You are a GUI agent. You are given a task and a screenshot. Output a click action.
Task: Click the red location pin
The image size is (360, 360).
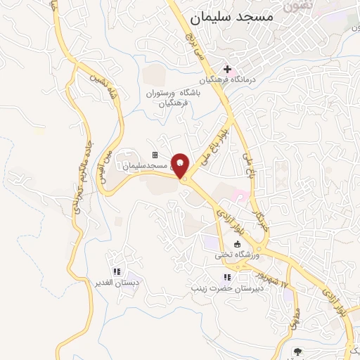(181, 165)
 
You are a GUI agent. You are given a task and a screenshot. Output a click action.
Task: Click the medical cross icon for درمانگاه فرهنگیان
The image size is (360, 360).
(226, 69)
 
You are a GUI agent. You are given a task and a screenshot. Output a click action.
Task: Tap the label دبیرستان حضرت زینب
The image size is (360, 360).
(229, 288)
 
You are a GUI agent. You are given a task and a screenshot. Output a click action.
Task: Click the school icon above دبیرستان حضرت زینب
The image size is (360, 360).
(226, 276)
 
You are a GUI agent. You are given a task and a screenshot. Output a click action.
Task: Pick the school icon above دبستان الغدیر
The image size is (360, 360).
(117, 271)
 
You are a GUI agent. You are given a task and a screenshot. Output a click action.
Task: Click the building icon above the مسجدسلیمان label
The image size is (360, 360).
(155, 155)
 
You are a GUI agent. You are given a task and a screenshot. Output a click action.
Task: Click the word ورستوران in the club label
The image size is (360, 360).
(163, 94)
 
